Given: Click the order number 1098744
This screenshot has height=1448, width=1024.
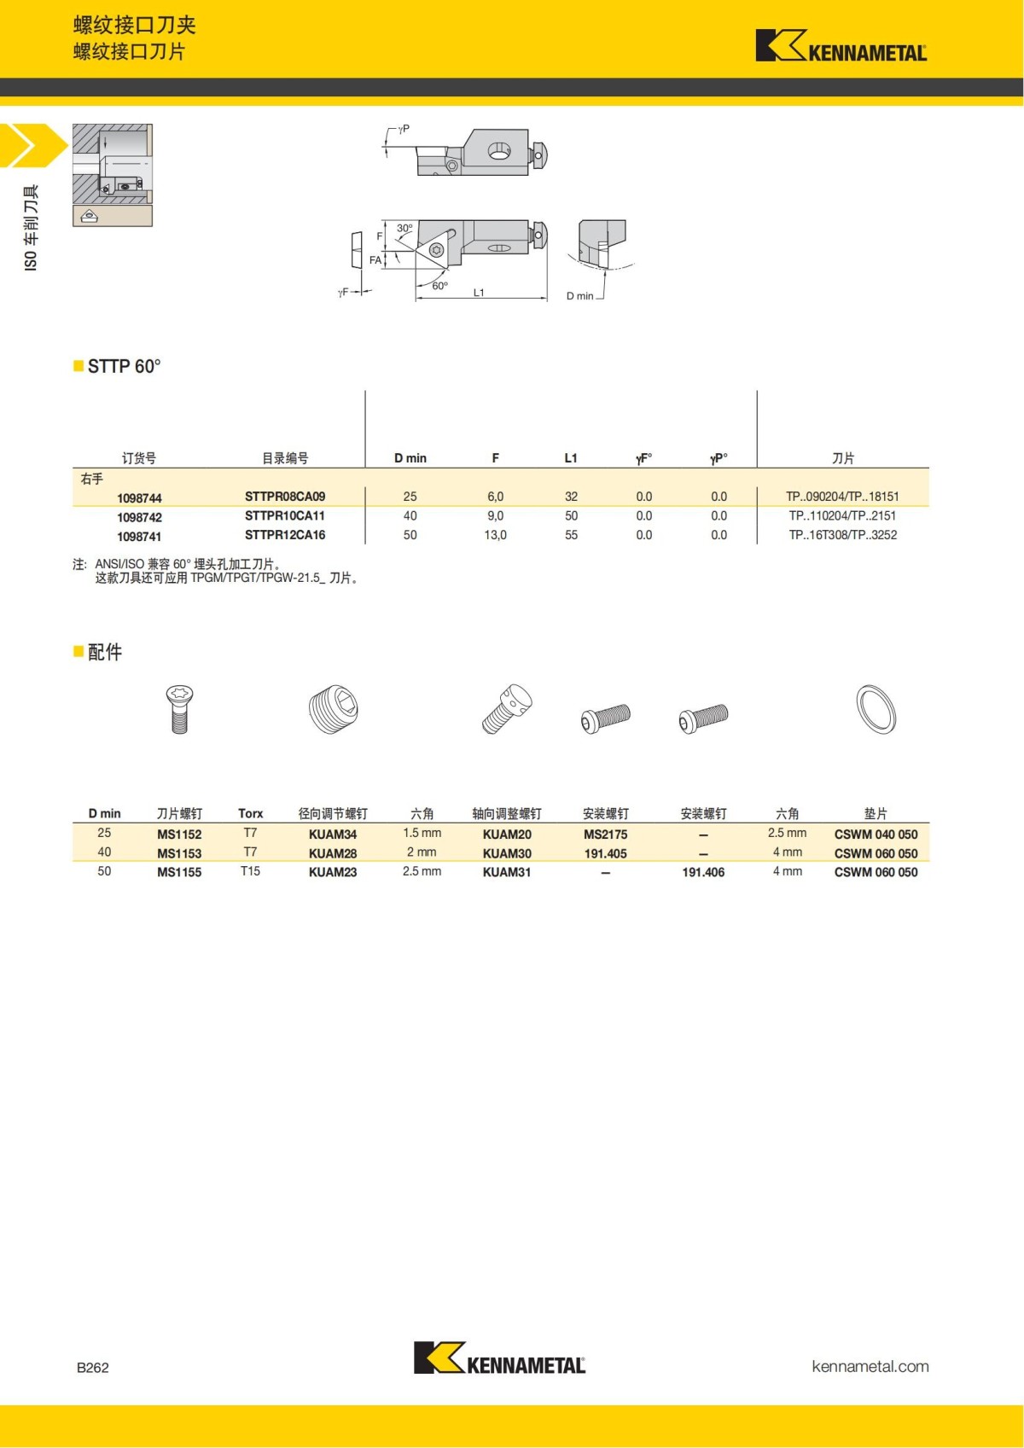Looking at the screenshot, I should tap(139, 498).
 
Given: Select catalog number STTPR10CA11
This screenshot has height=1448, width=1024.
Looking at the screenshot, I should tap(284, 516).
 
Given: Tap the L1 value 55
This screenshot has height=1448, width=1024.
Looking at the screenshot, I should tap(571, 535).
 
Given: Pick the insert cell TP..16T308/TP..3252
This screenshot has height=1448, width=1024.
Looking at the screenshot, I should tap(842, 535).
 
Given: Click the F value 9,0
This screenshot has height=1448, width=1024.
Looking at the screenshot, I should tap(495, 516).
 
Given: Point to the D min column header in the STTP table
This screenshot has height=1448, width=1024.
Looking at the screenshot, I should tap(410, 458).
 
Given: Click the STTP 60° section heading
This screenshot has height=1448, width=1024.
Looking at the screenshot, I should tap(124, 366).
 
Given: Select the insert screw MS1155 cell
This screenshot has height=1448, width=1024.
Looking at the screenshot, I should tap(179, 872).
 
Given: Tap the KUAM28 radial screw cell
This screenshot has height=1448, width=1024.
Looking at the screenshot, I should tap(333, 853).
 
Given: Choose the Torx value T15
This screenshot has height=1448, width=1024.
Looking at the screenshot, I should tap(250, 871).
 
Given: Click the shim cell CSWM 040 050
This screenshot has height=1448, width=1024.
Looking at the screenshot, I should tap(876, 834).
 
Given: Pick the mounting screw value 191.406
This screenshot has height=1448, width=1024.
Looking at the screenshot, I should tap(703, 872).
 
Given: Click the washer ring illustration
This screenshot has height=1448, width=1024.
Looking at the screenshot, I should tap(876, 709).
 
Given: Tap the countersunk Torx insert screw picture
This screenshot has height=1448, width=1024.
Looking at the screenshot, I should tap(179, 708).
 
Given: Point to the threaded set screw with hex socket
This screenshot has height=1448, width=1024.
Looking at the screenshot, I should tap(333, 709).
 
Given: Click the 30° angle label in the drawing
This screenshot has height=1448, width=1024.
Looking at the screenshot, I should tap(404, 229).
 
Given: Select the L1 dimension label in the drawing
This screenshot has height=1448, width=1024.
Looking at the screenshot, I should tap(479, 293).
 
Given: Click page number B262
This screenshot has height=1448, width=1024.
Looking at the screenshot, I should tap(93, 1367).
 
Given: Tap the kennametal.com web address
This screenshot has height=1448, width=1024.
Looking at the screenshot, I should tap(870, 1366).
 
